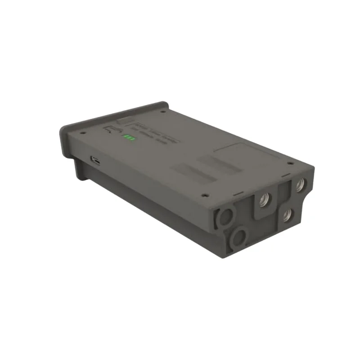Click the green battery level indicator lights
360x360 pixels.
[x=130, y=137]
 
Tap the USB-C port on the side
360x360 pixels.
[x=96, y=159]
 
